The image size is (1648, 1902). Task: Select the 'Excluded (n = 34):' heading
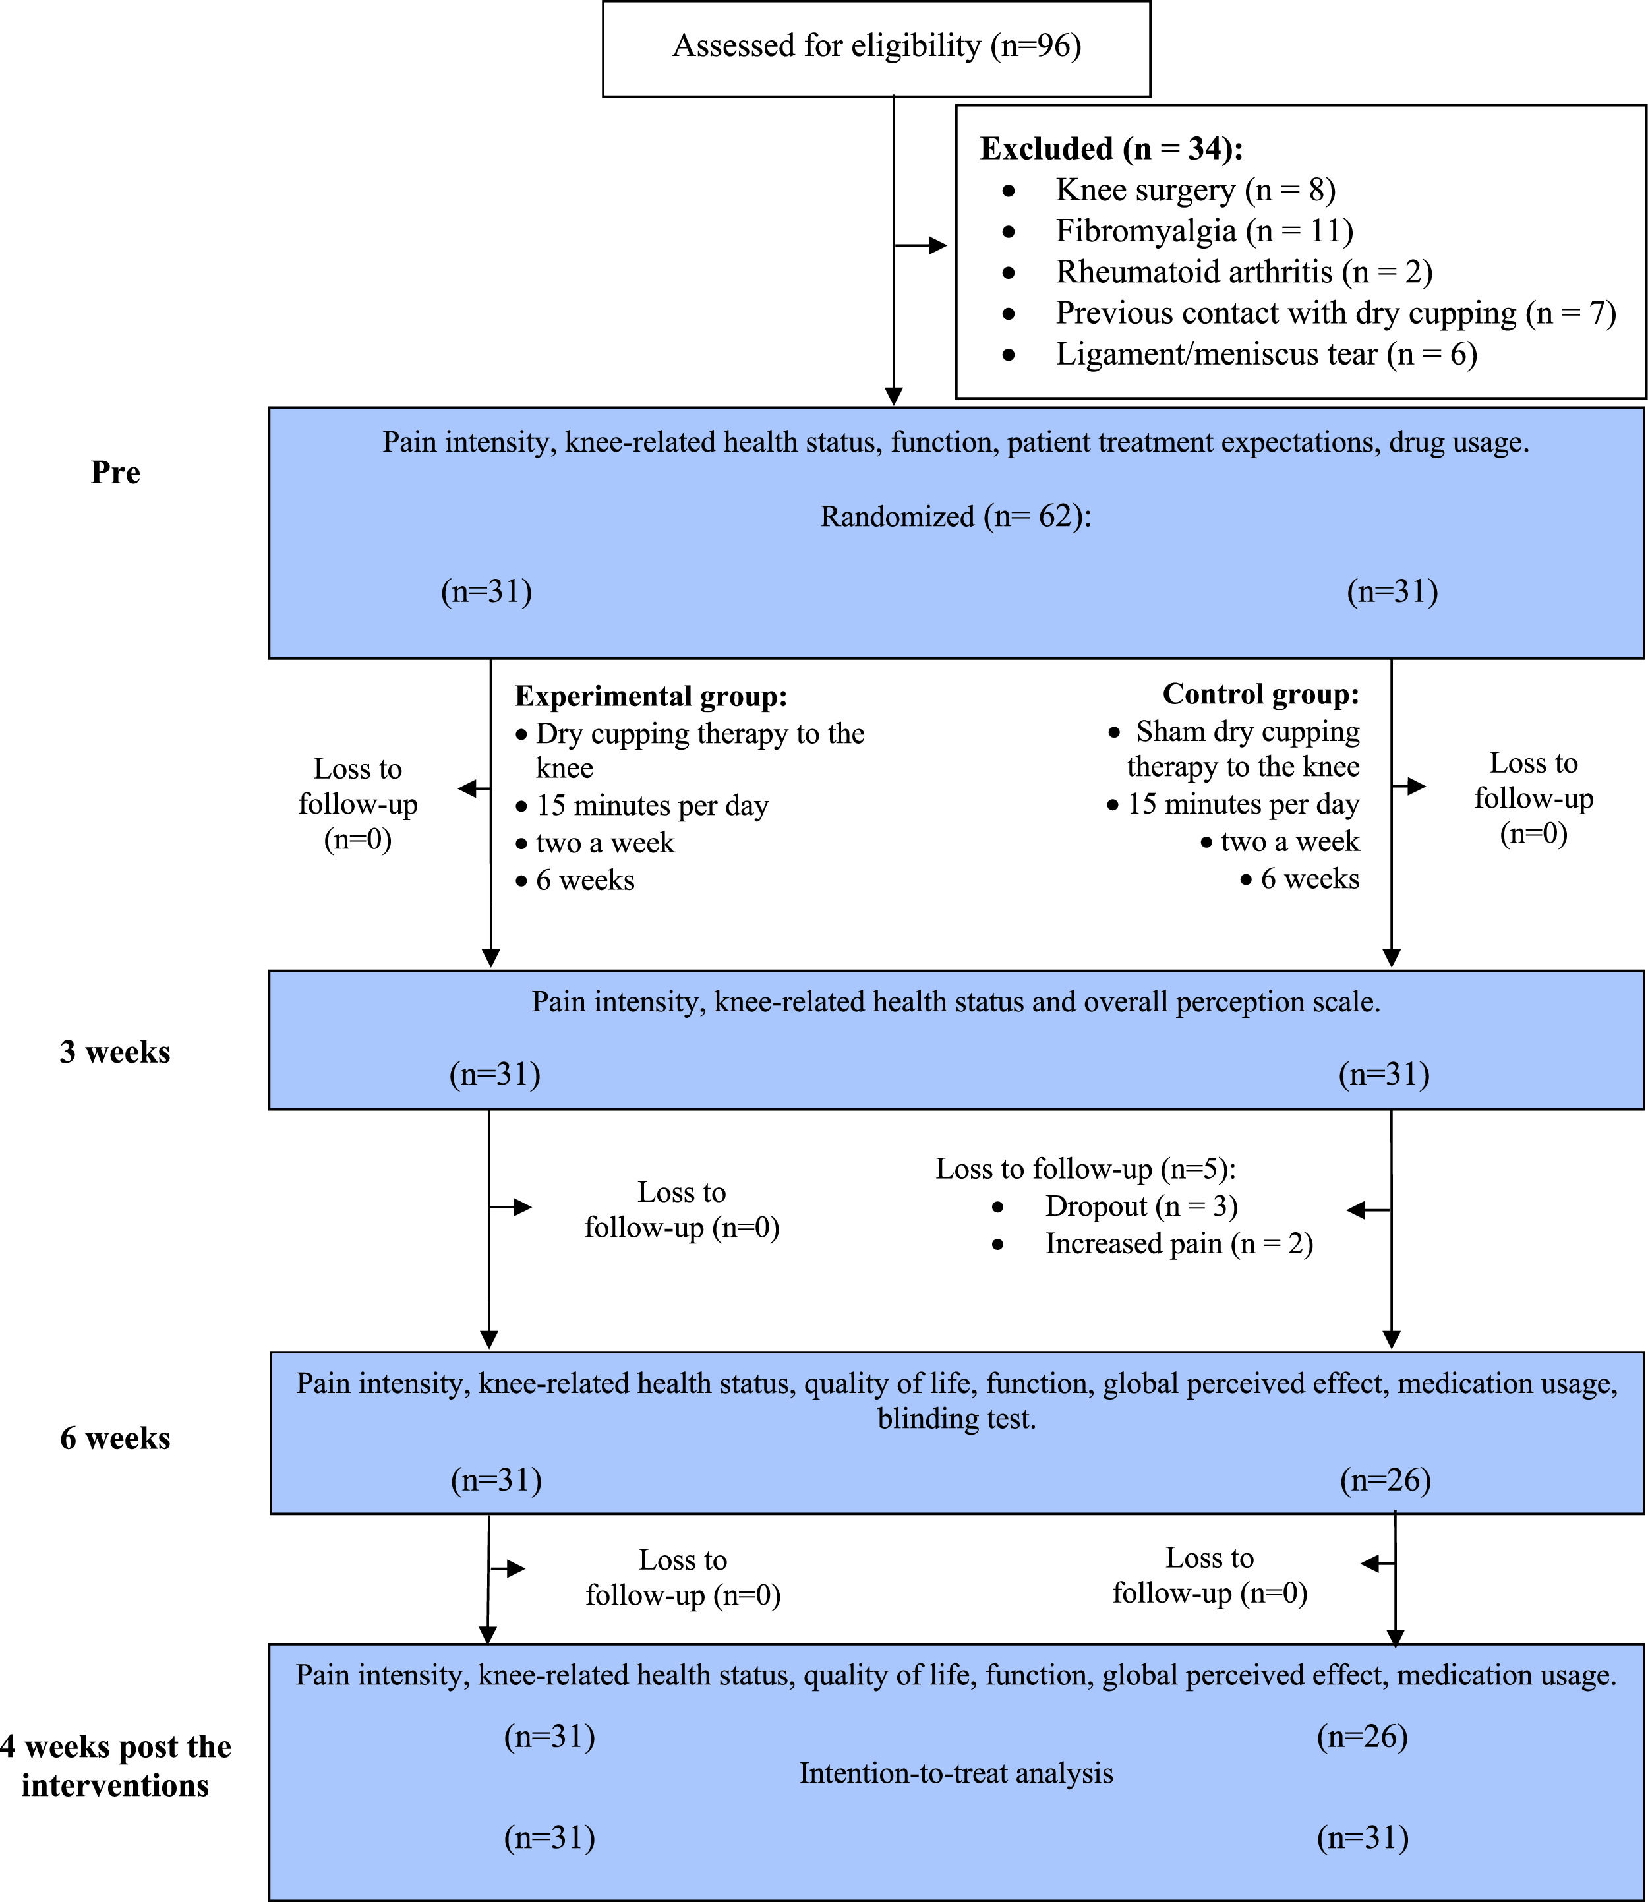(1111, 149)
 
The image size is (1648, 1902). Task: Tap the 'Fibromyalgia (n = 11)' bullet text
(1204, 231)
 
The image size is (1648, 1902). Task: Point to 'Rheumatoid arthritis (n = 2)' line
(1243, 272)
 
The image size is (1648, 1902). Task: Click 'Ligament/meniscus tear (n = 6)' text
(1266, 354)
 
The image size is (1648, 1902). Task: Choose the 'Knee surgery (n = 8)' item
(1194, 191)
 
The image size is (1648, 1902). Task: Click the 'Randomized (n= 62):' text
(955, 517)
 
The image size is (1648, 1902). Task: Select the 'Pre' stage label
(115, 473)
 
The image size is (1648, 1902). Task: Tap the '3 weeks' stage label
(115, 1052)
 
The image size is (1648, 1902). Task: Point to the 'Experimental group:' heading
(650, 696)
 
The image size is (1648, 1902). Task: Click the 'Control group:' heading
(1260, 694)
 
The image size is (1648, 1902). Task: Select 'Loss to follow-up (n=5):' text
(1085, 1169)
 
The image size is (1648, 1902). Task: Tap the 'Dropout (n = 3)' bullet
(1140, 1206)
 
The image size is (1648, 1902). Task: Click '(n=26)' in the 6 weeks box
(1385, 1480)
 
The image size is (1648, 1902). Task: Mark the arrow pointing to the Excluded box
(922, 245)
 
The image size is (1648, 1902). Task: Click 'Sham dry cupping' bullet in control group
(1247, 732)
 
